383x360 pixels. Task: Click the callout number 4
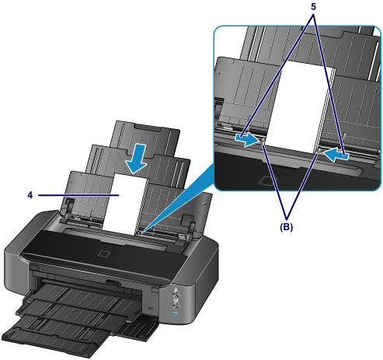click(x=30, y=195)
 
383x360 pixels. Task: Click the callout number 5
click(x=313, y=7)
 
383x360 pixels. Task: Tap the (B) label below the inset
click(x=286, y=227)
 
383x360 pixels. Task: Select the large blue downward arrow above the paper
click(x=137, y=159)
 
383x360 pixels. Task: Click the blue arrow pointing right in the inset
click(x=247, y=140)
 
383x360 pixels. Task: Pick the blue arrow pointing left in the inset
click(x=336, y=155)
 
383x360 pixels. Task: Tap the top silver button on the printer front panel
click(x=176, y=292)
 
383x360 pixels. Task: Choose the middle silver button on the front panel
click(x=176, y=302)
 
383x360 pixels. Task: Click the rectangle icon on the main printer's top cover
click(x=105, y=253)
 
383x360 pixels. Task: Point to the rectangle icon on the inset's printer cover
click(x=268, y=180)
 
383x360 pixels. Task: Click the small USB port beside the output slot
click(x=151, y=308)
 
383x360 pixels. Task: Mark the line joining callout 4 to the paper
click(x=78, y=195)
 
